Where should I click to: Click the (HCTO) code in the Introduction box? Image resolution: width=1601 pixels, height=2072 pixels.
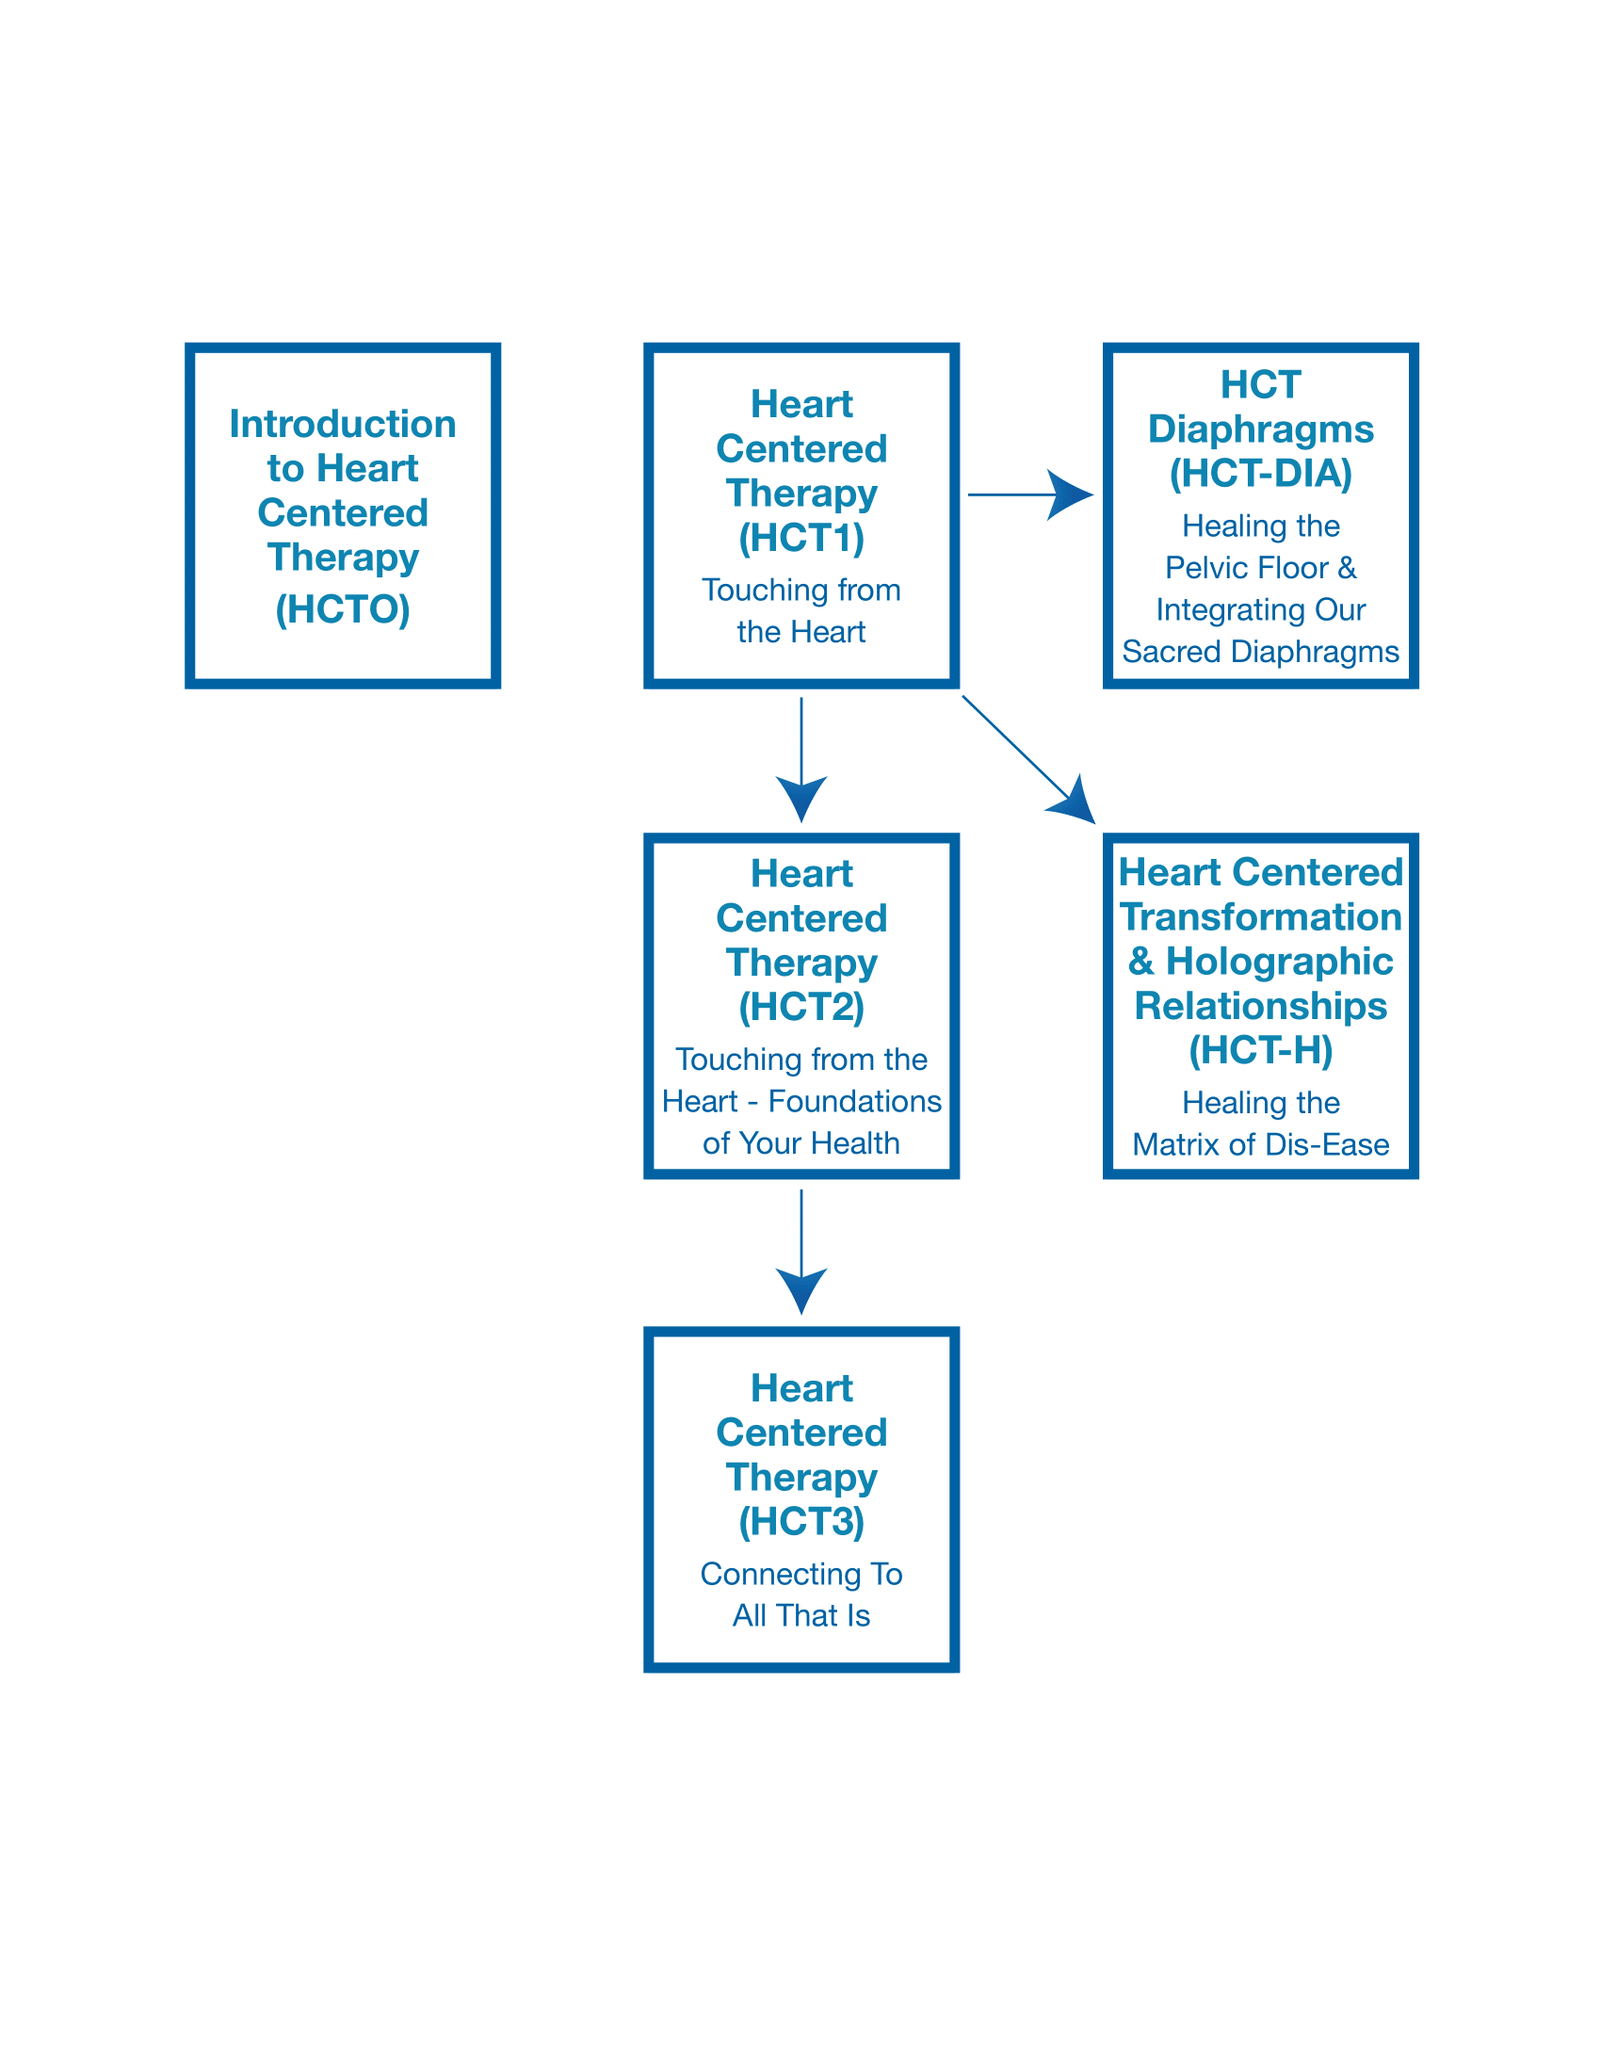point(343,610)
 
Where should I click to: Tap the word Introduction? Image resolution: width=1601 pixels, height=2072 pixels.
point(343,424)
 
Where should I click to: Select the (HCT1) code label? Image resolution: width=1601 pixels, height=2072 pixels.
point(801,538)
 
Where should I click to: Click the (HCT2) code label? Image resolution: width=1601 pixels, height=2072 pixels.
point(801,1007)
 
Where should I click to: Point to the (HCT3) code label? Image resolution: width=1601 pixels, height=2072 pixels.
point(801,1522)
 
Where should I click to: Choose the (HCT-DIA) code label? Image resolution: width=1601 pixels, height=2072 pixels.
point(1260,474)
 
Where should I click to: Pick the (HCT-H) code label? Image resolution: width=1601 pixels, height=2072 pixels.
point(1260,1050)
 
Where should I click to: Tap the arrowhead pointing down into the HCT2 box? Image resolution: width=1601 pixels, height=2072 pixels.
point(801,797)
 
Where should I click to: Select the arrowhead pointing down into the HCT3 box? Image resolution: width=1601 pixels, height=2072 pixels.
point(801,1289)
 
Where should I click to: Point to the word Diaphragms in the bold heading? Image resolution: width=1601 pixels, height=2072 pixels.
point(1260,429)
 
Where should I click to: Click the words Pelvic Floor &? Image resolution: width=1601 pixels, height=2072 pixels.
point(1260,567)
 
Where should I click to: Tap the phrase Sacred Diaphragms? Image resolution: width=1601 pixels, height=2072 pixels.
point(1260,652)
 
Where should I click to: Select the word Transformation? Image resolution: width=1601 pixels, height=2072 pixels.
point(1260,917)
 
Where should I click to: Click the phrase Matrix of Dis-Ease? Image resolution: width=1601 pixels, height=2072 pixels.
point(1260,1144)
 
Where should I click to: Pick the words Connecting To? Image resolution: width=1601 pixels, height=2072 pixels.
point(801,1574)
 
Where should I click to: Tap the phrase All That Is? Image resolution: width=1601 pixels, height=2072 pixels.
point(801,1615)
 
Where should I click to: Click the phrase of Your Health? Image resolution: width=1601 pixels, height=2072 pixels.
point(801,1143)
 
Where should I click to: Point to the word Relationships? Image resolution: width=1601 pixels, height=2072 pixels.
point(1260,1006)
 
